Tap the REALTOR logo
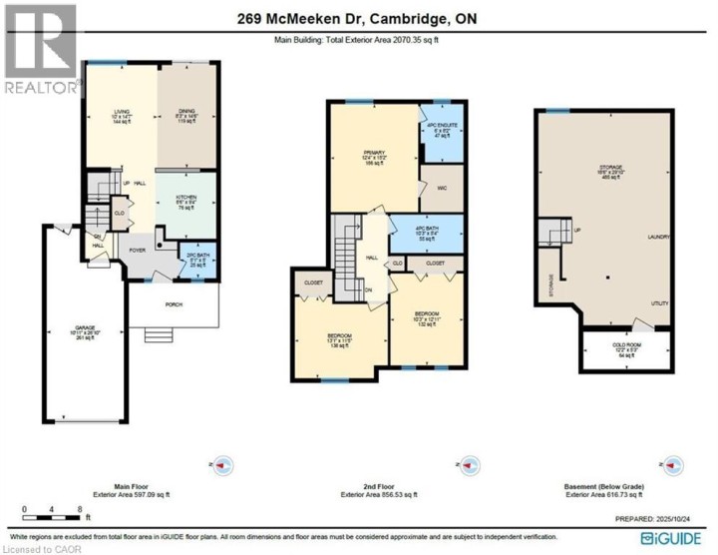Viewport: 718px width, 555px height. [x=40, y=50]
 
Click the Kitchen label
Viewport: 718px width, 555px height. [x=186, y=201]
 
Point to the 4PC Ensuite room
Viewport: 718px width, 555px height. [x=441, y=133]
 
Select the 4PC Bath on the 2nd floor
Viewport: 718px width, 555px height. [x=425, y=235]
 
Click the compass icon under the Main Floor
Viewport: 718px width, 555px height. [x=224, y=466]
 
